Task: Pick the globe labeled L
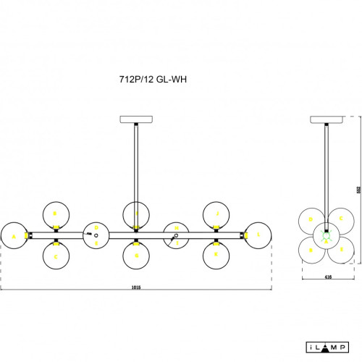[258, 235]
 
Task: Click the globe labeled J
[216, 214]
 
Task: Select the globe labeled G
[135, 254]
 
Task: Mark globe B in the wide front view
[55, 214]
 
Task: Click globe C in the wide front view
[55, 254]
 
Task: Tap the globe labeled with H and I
[135, 214]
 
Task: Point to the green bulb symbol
[326, 235]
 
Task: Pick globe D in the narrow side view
[313, 219]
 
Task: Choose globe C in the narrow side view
[339, 219]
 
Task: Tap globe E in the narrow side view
[339, 251]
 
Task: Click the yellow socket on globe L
[246, 235]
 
